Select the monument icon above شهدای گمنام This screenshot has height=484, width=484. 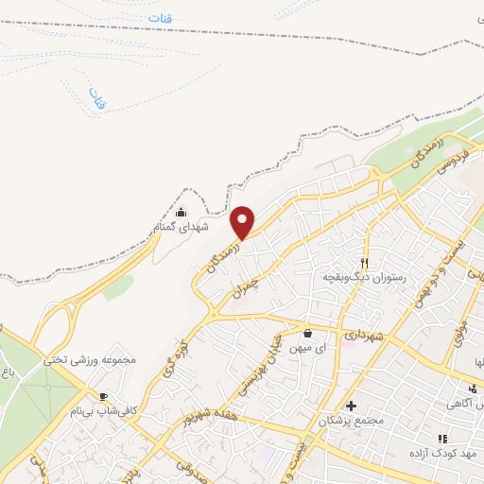181,212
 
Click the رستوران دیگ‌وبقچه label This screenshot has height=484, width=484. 364,277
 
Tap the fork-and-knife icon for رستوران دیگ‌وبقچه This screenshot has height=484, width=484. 364,262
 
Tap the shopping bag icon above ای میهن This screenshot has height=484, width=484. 308,333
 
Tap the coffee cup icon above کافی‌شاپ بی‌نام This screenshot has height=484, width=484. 103,397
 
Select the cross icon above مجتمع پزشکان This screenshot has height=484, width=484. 351,405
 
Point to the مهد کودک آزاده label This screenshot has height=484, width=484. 441,454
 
